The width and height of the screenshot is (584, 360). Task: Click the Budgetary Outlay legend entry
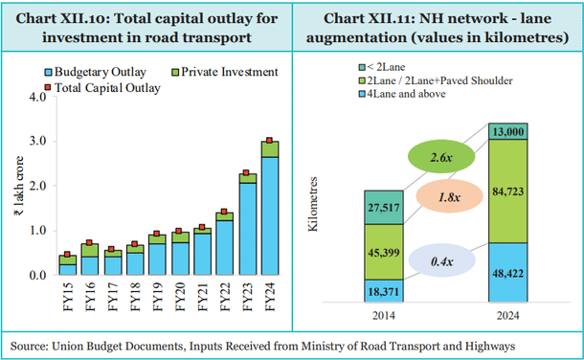tap(94, 71)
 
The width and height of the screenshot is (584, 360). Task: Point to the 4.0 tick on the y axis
tap(38, 97)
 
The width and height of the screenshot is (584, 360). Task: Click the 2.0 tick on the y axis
tap(38, 186)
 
